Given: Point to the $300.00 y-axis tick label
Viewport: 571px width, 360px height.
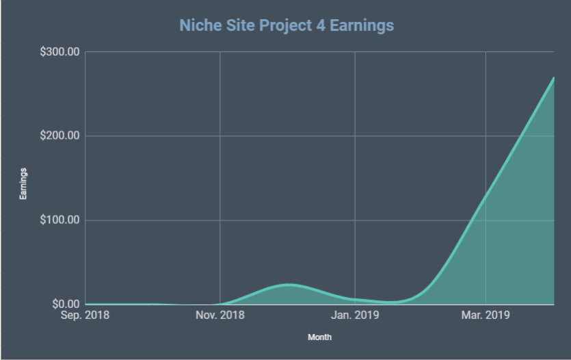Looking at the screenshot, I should (60, 52).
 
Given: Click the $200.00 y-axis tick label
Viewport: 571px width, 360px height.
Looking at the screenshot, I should (60, 136).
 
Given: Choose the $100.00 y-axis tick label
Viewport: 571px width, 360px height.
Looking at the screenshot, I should (60, 220).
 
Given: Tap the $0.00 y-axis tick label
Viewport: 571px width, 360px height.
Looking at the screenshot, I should (65, 305).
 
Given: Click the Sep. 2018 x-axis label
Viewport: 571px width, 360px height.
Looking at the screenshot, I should (85, 316).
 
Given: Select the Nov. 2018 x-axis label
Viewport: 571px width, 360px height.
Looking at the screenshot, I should (220, 316).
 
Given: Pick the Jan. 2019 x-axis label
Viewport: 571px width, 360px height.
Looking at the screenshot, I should (355, 316).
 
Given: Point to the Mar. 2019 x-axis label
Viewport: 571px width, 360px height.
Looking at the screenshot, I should (486, 316).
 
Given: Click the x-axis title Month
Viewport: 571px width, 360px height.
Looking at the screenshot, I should (319, 337).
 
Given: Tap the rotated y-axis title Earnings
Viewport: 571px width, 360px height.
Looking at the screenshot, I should (24, 183).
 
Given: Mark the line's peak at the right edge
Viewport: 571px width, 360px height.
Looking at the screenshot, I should (553, 77).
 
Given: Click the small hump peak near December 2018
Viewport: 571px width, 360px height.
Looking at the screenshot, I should (289, 284).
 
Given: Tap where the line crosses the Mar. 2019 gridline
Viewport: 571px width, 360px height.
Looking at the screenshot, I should (486, 194).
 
